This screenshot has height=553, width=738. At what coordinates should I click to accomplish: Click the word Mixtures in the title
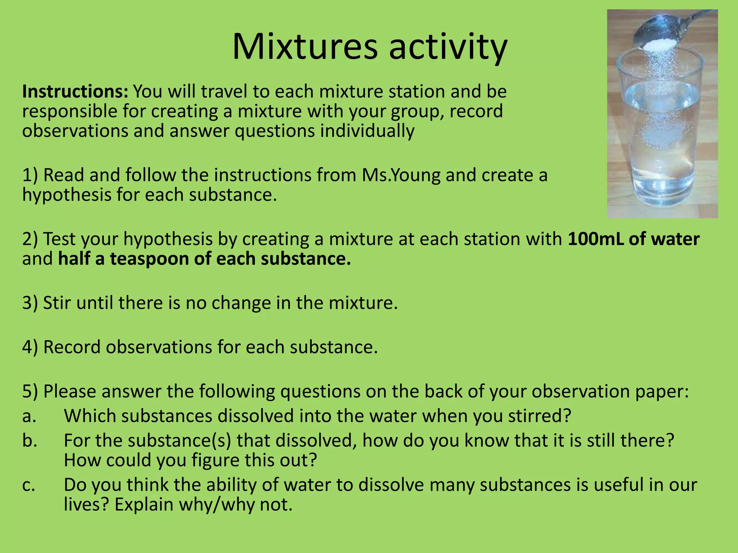point(305,47)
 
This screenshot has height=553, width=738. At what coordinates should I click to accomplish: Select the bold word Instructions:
point(75,91)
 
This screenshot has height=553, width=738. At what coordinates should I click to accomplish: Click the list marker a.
point(29,416)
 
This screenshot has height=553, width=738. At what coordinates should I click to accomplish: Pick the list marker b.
point(30,441)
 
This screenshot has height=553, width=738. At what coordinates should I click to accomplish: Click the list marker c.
point(28,485)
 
